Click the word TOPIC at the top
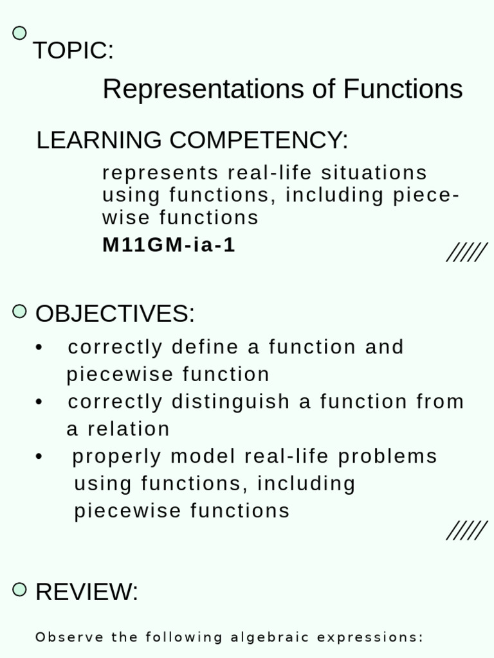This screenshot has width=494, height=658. (72, 51)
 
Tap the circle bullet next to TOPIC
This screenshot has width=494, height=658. (20, 33)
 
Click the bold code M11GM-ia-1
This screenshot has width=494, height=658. (169, 245)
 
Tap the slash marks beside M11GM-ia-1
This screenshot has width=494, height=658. (466, 253)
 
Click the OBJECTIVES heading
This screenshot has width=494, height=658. (114, 314)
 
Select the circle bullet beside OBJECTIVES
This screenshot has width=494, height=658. (20, 312)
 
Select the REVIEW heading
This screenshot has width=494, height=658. (86, 592)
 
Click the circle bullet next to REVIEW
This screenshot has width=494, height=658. (20, 589)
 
